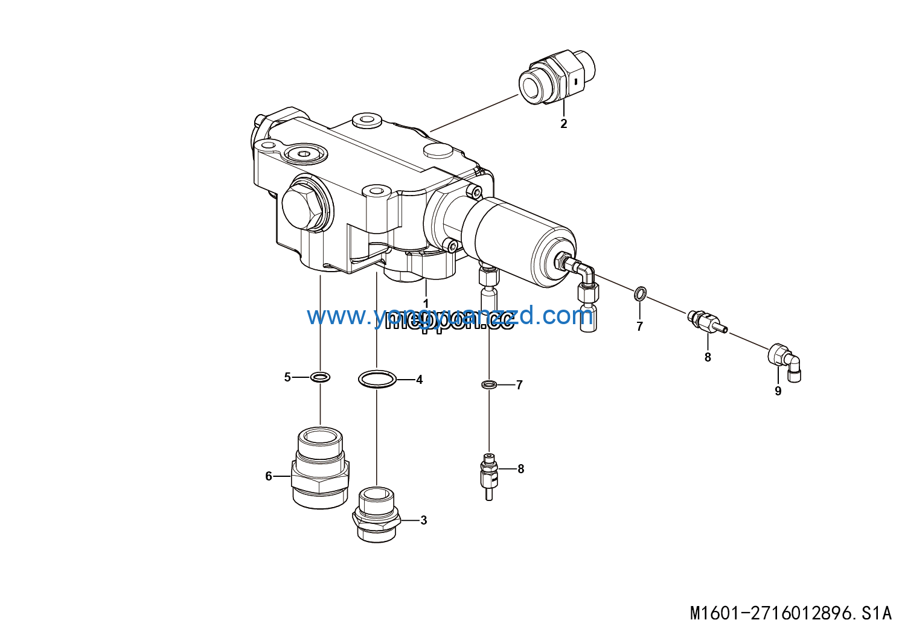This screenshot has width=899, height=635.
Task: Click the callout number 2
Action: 563,124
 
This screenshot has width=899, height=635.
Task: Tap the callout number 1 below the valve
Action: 426,303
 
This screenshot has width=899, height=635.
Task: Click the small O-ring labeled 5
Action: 320,378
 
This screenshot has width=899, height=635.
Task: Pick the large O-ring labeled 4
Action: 377,380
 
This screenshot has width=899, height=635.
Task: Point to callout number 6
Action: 269,476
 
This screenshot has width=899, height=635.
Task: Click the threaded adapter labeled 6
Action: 320,467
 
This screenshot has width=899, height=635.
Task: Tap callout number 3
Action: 423,520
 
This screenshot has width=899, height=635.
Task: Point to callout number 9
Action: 778,391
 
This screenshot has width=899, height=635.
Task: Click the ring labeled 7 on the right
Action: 640,294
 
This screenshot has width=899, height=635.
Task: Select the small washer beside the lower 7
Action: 489,385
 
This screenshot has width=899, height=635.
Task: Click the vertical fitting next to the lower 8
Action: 489,476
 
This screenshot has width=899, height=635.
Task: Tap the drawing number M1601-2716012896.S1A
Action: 790,613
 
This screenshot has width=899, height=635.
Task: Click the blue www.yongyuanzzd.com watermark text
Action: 446,315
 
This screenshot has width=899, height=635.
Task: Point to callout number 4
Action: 419,380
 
